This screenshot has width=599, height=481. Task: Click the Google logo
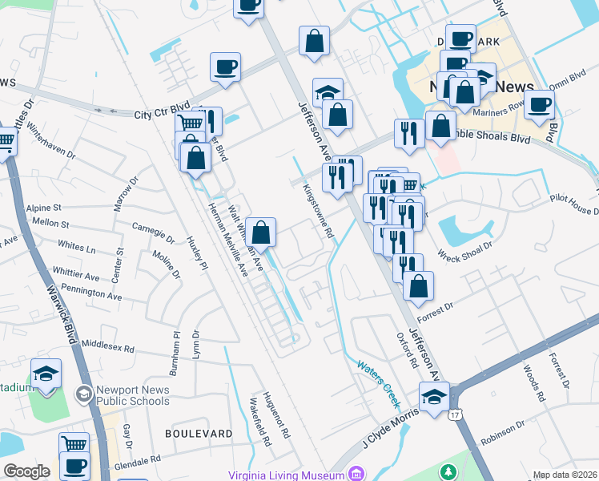[x=26, y=471]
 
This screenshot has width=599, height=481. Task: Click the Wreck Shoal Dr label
[x=464, y=254]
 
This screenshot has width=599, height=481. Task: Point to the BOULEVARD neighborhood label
[x=199, y=433]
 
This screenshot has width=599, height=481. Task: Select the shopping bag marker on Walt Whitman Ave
[x=261, y=232]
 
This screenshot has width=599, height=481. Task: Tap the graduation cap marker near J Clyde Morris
[x=434, y=396]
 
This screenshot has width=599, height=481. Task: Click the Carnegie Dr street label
[x=153, y=232]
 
